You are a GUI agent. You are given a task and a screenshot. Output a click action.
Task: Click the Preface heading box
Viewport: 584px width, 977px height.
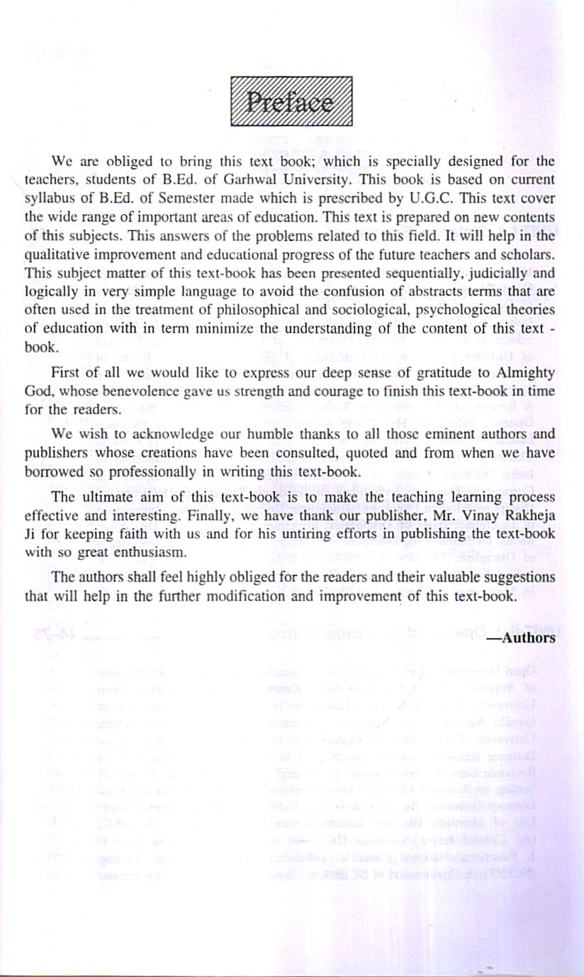[x=291, y=101]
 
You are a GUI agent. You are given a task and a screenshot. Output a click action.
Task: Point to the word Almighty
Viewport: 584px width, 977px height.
[x=521, y=373]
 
